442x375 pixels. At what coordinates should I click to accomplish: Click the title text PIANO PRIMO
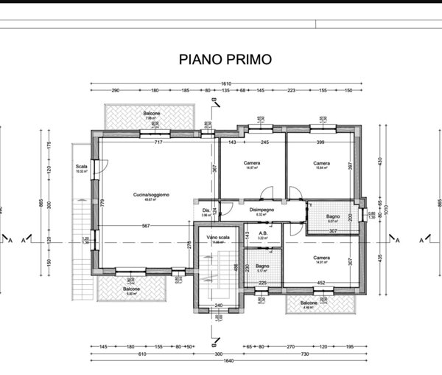point(225,59)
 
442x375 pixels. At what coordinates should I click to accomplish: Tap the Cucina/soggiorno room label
point(152,194)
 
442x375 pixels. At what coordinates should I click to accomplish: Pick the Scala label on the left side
point(81,167)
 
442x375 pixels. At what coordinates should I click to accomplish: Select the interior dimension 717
point(158,142)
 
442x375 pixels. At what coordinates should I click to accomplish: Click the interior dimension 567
point(147,226)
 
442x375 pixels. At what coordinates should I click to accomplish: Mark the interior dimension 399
point(320,142)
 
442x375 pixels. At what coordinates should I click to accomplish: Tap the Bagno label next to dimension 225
point(262,266)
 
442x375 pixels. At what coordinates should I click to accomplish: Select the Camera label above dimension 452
point(320,258)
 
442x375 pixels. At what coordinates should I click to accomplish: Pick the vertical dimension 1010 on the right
point(385,209)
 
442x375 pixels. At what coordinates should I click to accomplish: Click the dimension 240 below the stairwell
point(218,305)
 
